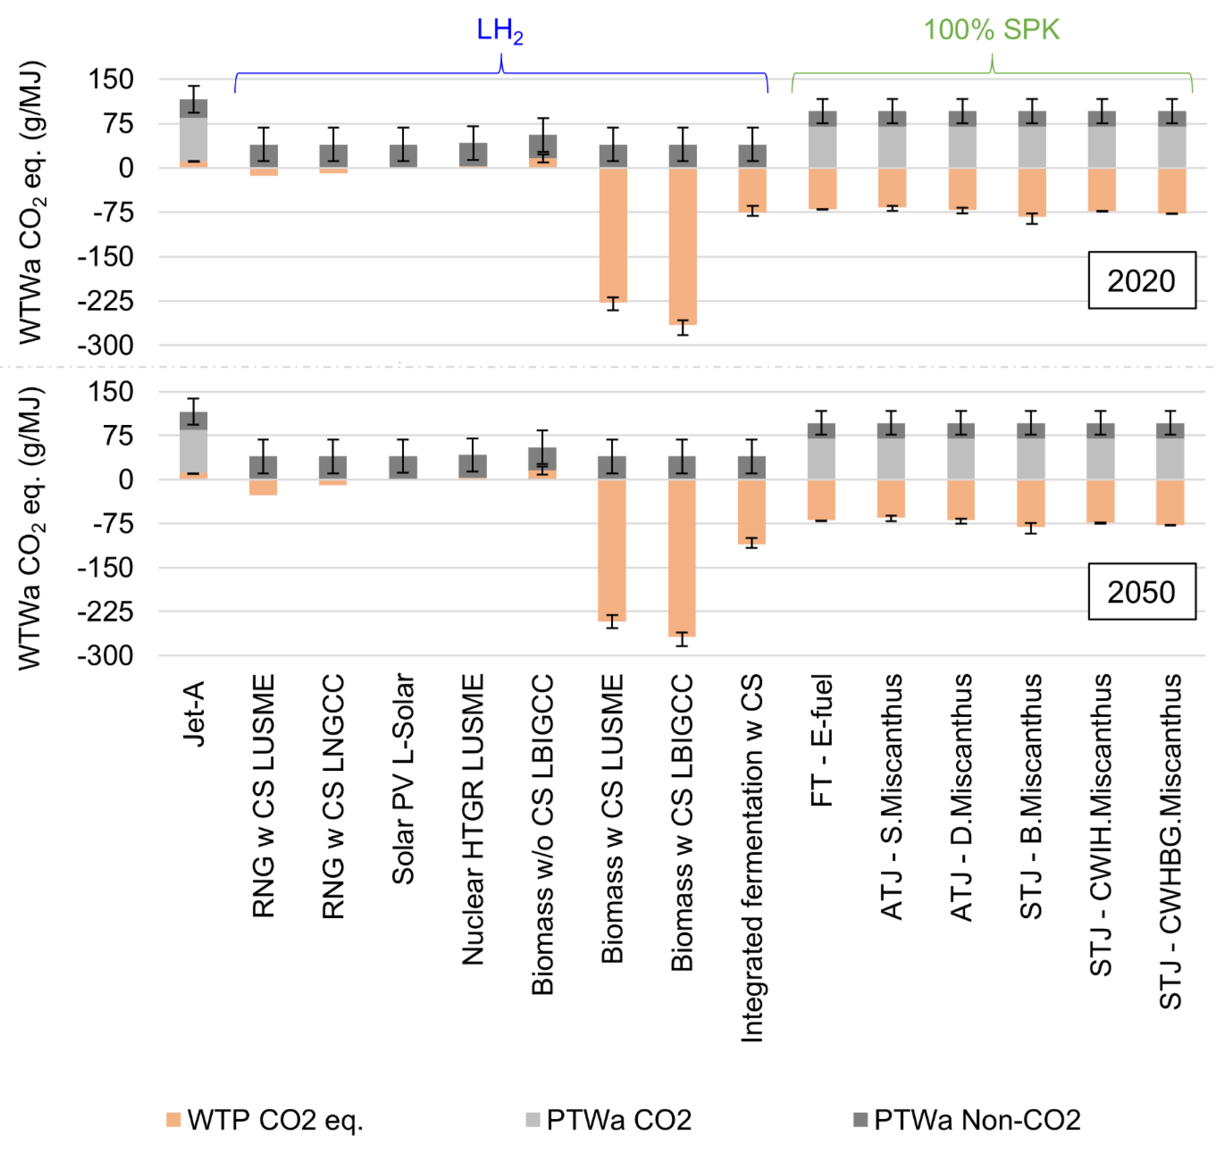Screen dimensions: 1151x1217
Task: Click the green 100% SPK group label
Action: pos(991,29)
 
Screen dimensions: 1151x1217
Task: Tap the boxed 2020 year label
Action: pos(1141,280)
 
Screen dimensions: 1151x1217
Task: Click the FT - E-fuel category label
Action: pos(822,740)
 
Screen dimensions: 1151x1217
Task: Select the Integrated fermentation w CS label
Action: pos(753,859)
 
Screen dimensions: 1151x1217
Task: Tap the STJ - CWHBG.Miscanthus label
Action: pos(1171,842)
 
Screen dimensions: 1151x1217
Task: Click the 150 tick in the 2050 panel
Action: pos(110,391)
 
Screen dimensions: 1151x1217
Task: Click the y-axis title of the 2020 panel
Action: pos(31,203)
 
